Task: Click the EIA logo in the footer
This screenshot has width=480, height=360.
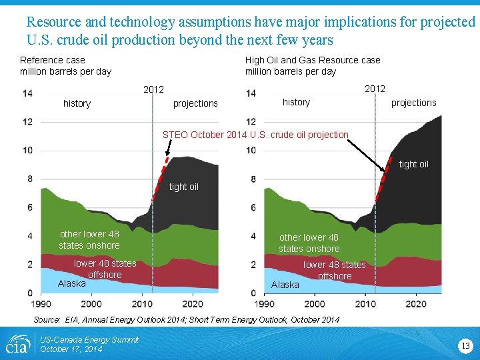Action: click(17, 345)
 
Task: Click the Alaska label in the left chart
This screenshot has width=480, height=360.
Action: click(72, 283)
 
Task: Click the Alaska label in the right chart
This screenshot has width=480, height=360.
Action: click(285, 285)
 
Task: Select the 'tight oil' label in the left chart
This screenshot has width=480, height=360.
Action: click(183, 187)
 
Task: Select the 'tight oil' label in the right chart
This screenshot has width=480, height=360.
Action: click(413, 164)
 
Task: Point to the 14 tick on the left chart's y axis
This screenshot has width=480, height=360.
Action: click(27, 93)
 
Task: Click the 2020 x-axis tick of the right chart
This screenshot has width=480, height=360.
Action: click(416, 304)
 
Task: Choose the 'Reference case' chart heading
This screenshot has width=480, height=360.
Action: click(53, 60)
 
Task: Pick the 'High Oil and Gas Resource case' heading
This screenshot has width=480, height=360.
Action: click(313, 60)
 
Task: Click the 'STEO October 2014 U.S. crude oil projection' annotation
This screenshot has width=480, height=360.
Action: click(255, 135)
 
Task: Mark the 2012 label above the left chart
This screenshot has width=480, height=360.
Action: click(154, 89)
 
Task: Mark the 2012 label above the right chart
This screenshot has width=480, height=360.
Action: click(375, 89)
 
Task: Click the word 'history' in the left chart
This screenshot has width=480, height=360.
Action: click(77, 103)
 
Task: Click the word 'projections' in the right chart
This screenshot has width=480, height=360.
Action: click(413, 103)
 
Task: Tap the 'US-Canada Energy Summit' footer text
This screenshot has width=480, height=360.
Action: click(89, 340)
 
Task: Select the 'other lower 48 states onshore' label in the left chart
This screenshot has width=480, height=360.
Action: click(89, 239)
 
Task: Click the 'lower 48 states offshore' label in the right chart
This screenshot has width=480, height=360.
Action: click(335, 270)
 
